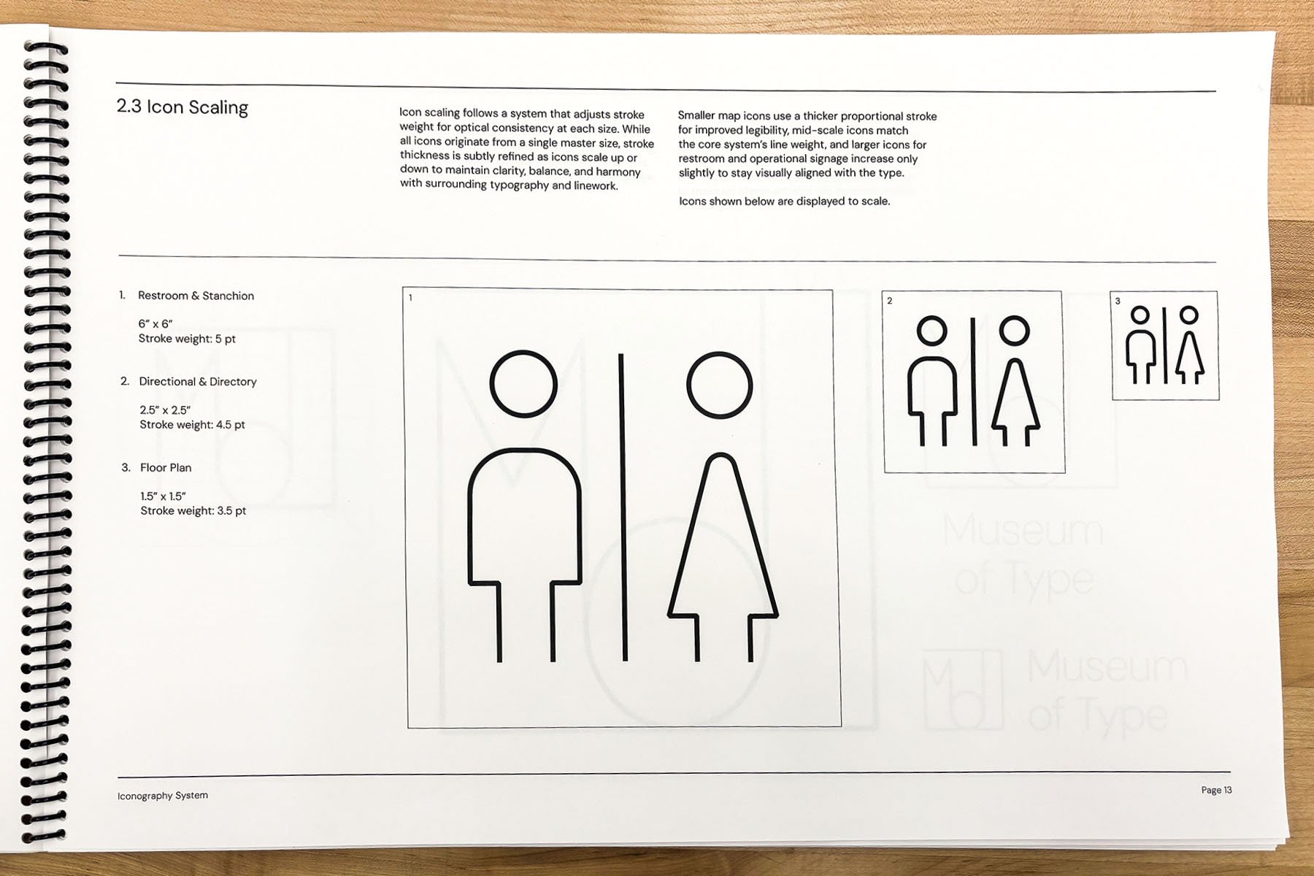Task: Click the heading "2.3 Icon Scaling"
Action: (182, 107)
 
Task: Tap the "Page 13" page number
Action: (1216, 790)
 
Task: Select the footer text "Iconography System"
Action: (163, 795)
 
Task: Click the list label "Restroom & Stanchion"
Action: (196, 296)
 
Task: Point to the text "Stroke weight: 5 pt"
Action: (187, 339)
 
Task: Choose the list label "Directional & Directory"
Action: (198, 382)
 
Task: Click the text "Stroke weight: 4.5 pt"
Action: (193, 425)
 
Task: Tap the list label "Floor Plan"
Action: (166, 468)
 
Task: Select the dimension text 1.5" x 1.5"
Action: (164, 496)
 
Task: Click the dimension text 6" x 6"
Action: (155, 324)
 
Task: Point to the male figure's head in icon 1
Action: (523, 385)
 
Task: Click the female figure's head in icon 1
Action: (720, 385)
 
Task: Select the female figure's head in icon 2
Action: (1014, 331)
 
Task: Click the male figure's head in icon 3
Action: (1140, 315)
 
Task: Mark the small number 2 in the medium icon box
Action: (889, 301)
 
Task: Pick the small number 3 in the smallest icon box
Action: (1118, 301)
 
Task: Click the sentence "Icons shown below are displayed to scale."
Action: (784, 201)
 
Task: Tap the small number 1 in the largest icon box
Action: (410, 298)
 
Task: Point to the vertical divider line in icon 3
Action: (1165, 345)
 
